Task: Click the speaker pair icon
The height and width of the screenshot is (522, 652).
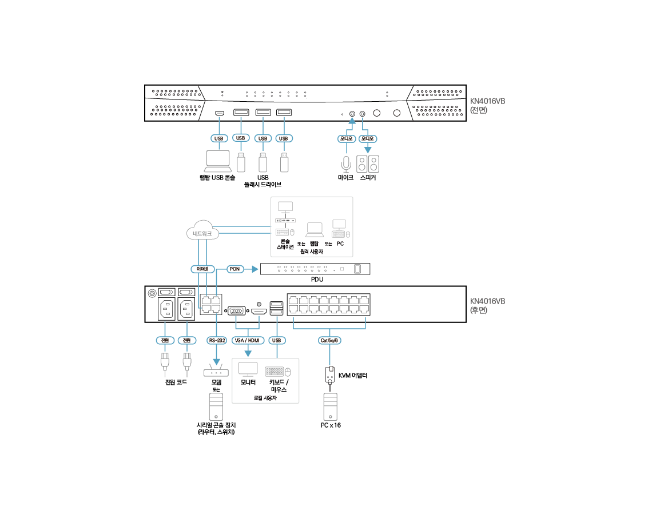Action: point(368,164)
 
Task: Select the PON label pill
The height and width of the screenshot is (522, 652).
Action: point(234,268)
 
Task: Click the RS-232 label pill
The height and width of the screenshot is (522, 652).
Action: point(217,340)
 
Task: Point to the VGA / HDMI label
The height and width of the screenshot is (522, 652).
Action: point(247,340)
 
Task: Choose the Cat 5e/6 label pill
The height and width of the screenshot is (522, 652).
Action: point(329,340)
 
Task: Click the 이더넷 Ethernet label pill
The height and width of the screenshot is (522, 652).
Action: point(201,268)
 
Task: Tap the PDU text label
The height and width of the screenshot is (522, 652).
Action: point(317,280)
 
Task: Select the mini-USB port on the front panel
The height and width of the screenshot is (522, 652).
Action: point(219,113)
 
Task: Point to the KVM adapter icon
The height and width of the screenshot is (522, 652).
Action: point(329,375)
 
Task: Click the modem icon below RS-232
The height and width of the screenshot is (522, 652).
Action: point(216,371)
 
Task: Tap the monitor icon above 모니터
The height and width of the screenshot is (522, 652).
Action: point(248,368)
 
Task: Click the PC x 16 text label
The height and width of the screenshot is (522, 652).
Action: point(331,425)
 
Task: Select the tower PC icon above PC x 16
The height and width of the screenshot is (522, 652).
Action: point(331,406)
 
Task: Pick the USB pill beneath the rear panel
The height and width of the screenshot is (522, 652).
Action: point(277,340)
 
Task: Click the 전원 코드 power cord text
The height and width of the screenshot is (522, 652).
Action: point(176,382)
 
